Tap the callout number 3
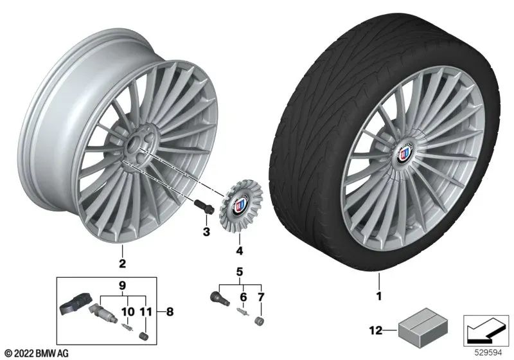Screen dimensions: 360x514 coord(206,231)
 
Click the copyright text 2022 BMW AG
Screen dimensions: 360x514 coord(37,353)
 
